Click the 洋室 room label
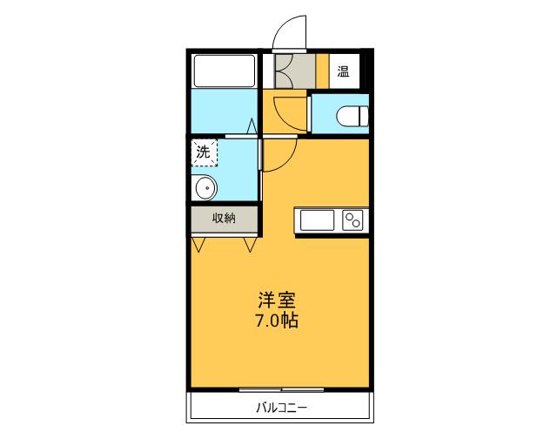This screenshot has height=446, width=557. pos(278,301)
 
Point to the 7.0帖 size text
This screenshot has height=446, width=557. pos(278,321)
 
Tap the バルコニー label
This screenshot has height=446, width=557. pos(282,407)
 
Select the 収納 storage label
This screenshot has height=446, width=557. pos(225,218)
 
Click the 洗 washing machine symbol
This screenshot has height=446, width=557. pos(205,152)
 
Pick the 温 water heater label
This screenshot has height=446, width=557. pos(343,71)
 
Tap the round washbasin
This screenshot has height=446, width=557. pos(205,186)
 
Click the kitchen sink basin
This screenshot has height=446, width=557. pos(318,220)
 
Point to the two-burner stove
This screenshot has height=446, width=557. pos(352,220)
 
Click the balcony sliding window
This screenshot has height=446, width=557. pos(275,388)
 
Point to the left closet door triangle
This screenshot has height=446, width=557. pos(199,244)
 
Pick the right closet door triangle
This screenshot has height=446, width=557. pos(250,244)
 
